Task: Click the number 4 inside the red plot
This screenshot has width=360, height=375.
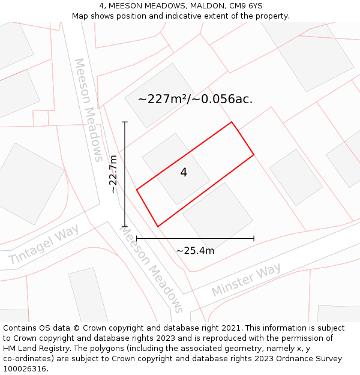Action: tap(184, 173)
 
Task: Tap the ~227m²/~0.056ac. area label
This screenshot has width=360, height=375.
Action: tap(195, 100)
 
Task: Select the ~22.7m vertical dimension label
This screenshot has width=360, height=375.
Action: tap(113, 174)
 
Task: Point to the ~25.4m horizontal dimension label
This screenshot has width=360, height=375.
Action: tap(195, 251)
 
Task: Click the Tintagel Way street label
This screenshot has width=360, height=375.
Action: tap(44, 245)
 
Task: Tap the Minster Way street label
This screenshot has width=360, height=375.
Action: tap(246, 280)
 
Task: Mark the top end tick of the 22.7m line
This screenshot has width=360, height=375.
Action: tap(125, 122)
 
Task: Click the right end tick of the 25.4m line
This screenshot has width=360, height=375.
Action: tap(254, 239)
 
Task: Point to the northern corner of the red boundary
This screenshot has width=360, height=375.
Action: tap(232, 122)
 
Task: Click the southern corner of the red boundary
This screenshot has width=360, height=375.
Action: tap(158, 226)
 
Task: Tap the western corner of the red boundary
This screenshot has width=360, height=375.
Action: tap(137, 190)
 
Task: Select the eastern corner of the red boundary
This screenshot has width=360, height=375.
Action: tap(254, 155)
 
